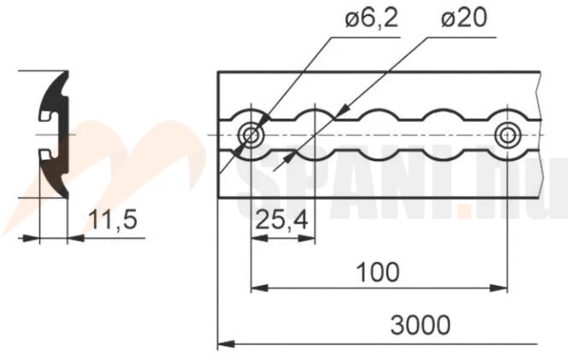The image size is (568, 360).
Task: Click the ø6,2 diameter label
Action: (x=372, y=18)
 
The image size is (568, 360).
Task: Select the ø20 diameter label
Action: (x=464, y=18)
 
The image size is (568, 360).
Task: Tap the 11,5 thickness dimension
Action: (x=113, y=220)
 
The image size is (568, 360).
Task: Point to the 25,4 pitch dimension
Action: (x=281, y=220)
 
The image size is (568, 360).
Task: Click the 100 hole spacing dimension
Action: (x=378, y=272)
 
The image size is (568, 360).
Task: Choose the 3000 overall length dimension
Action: (x=420, y=324)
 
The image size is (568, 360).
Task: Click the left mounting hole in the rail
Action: (x=251, y=136)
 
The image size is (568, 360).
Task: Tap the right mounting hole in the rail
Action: (x=507, y=136)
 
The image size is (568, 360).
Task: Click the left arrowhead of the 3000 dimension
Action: (x=226, y=344)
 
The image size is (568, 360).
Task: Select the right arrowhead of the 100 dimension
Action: (x=498, y=288)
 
